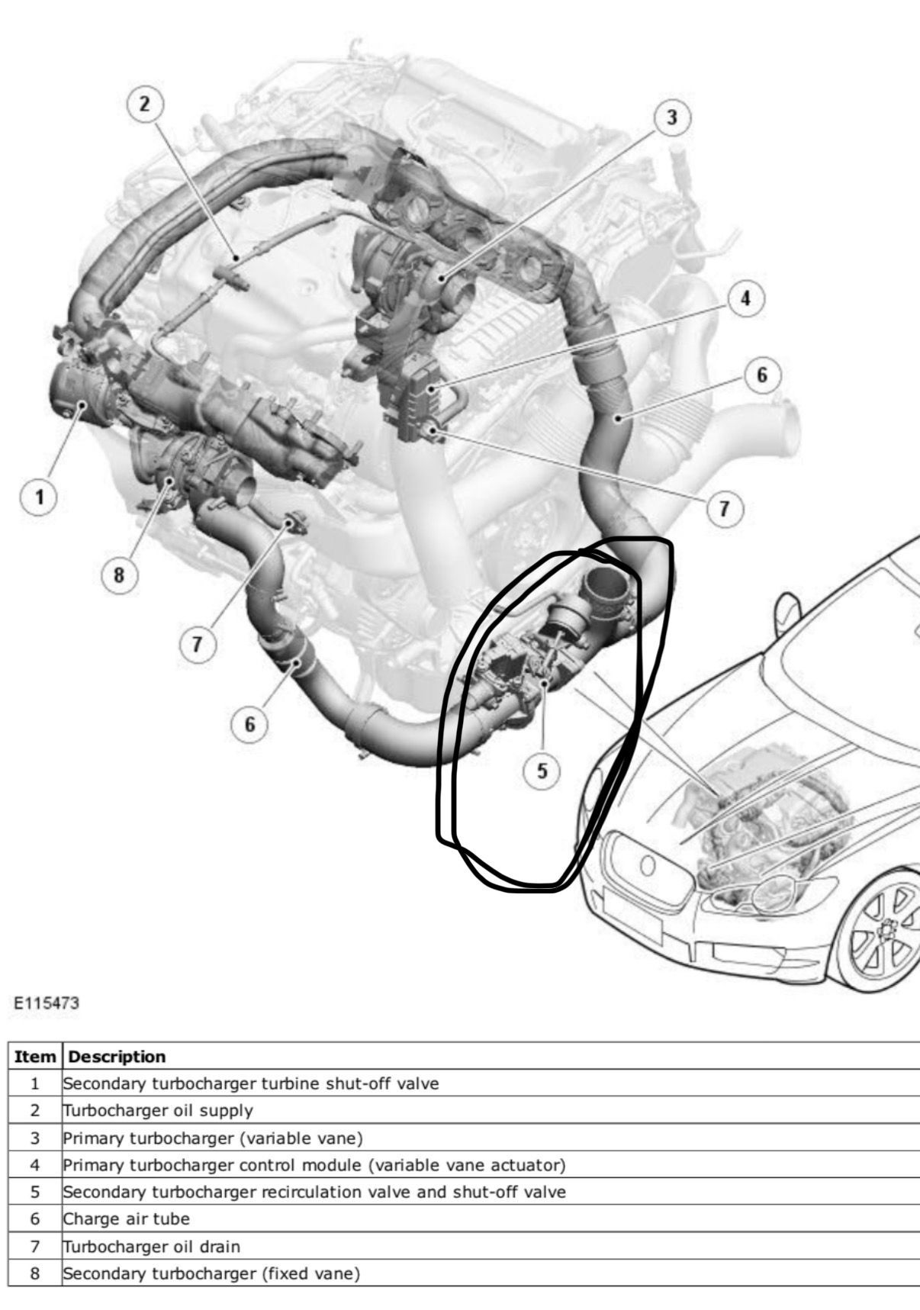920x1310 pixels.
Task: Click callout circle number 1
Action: click(38, 497)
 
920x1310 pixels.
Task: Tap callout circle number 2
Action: click(146, 104)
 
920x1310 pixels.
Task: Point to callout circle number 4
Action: click(745, 298)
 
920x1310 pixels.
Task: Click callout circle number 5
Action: click(542, 771)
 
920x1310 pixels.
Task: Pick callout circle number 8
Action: click(118, 575)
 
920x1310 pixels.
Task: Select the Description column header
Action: click(117, 1057)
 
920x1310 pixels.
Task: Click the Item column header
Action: click(35, 1057)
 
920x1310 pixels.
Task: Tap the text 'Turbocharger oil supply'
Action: click(158, 1110)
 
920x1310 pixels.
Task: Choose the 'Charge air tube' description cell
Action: click(491, 1218)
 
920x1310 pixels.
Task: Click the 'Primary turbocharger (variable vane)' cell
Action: click(491, 1138)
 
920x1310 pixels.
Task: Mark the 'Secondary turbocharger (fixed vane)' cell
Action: click(491, 1273)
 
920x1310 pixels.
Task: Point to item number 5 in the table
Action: click(34, 1192)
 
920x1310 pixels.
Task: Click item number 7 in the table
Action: click(34, 1246)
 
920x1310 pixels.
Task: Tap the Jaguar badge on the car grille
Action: click(647, 865)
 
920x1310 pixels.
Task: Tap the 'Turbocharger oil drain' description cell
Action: click(491, 1246)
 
